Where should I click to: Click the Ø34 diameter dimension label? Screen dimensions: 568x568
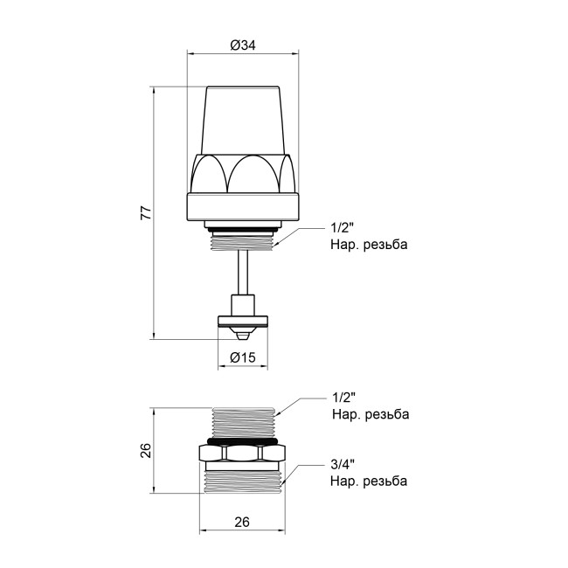click(244, 45)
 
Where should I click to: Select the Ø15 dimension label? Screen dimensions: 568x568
click(242, 357)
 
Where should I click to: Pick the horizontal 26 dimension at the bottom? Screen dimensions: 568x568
click(243, 523)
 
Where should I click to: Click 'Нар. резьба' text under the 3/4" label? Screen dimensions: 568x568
click(368, 481)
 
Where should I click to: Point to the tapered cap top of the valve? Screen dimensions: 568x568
click(244, 118)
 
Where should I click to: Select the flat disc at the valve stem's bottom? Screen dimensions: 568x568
click(244, 321)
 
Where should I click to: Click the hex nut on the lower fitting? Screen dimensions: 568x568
click(243, 454)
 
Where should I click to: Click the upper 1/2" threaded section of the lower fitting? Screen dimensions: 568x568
click(244, 420)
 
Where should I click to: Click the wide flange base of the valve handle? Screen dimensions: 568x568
click(244, 206)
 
